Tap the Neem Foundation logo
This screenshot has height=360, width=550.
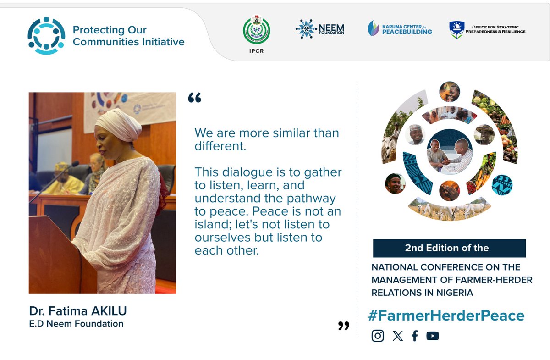tap(319, 29)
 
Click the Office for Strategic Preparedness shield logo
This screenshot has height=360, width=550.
tap(457, 29)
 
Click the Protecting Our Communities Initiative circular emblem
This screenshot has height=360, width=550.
tap(46, 36)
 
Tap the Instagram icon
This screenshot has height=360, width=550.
tap(378, 336)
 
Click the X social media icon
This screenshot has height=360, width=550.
tap(398, 336)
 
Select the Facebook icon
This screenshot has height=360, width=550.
tap(415, 336)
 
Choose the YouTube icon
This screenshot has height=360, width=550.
tap(432, 336)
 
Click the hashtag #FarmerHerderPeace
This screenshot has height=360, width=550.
tap(446, 316)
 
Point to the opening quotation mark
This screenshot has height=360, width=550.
tap(195, 98)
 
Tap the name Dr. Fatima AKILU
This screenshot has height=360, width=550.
tap(77, 311)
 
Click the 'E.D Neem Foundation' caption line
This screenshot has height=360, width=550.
tap(76, 324)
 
